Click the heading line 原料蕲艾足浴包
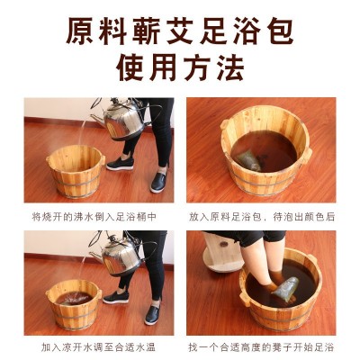180,31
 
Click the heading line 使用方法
180,68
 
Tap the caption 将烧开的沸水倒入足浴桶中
94,217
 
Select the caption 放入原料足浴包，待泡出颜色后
262,217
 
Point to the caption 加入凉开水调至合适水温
98,347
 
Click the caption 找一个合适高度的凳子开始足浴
261,347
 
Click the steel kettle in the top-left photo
122,120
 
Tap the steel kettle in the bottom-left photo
119,254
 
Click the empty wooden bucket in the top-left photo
76,171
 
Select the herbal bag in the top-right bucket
248,161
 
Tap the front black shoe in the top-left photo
158,183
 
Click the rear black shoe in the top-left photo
120,164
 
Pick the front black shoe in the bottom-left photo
153,315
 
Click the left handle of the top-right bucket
224,123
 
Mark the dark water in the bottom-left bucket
75,298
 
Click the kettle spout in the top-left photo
96,119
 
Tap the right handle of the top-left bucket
103,160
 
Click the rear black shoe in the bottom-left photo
116,297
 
